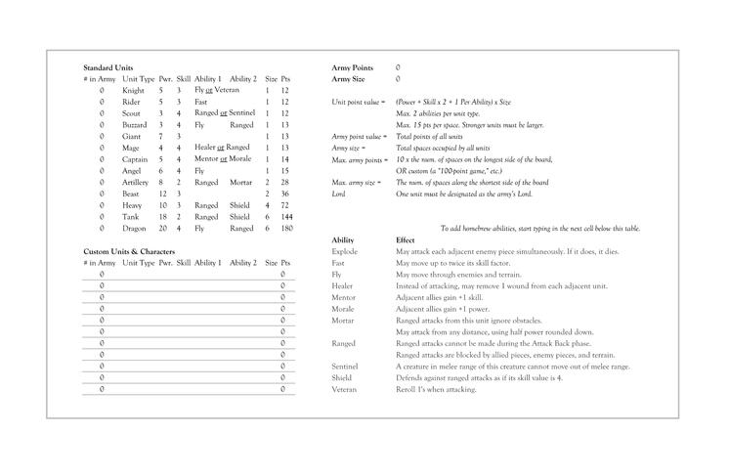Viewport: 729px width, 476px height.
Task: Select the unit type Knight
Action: tap(133, 90)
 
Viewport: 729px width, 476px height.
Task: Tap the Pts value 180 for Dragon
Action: tap(285, 228)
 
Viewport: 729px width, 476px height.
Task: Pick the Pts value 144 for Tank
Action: tap(285, 217)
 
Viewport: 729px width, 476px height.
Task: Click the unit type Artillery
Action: tap(135, 182)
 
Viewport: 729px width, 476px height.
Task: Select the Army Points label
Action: tap(353, 67)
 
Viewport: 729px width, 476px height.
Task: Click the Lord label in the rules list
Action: tap(339, 194)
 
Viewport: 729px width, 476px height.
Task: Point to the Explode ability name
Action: tap(346, 252)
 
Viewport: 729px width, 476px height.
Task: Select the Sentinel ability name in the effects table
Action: tap(345, 367)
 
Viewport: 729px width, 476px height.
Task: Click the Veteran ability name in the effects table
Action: tap(345, 389)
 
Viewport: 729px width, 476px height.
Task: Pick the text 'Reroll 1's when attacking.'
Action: tap(436, 389)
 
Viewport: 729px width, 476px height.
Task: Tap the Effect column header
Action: tap(406, 239)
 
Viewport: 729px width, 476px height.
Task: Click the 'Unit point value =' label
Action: tap(359, 102)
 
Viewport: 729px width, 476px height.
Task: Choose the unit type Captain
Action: tap(135, 159)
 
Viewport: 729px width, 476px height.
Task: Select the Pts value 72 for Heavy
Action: tap(285, 205)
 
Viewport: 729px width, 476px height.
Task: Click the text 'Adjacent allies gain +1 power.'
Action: tap(445, 309)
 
